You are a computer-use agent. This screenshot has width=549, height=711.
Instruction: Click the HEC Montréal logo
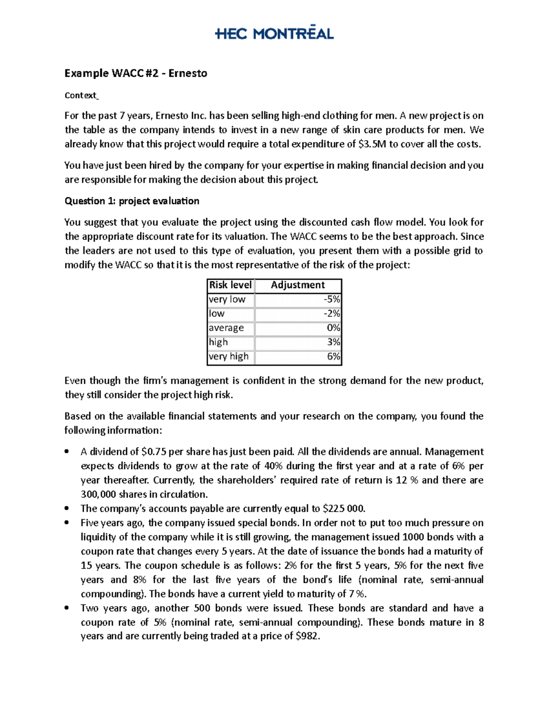click(274, 33)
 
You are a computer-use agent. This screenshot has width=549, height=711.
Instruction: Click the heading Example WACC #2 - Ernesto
click(135, 73)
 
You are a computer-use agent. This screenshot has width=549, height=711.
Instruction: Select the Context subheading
click(81, 95)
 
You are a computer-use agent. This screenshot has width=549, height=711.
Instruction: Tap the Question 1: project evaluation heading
click(132, 201)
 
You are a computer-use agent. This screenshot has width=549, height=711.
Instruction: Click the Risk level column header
click(230, 285)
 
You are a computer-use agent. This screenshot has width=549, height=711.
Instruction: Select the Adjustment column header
click(298, 285)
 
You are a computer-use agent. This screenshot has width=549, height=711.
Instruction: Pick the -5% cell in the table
click(332, 299)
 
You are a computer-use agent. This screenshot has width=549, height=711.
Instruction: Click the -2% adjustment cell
click(332, 314)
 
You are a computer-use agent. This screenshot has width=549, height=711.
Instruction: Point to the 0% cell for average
click(333, 328)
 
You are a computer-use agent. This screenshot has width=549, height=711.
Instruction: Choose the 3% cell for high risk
click(334, 342)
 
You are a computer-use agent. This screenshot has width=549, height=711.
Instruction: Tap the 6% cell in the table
click(334, 356)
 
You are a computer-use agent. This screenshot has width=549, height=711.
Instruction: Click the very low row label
click(227, 299)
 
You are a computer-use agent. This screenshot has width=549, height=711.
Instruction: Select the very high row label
click(228, 356)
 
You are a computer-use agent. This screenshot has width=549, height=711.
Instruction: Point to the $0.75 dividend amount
click(154, 452)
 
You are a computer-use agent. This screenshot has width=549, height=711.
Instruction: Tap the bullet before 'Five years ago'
click(67, 523)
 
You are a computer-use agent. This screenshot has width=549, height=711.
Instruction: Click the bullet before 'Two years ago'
click(67, 608)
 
